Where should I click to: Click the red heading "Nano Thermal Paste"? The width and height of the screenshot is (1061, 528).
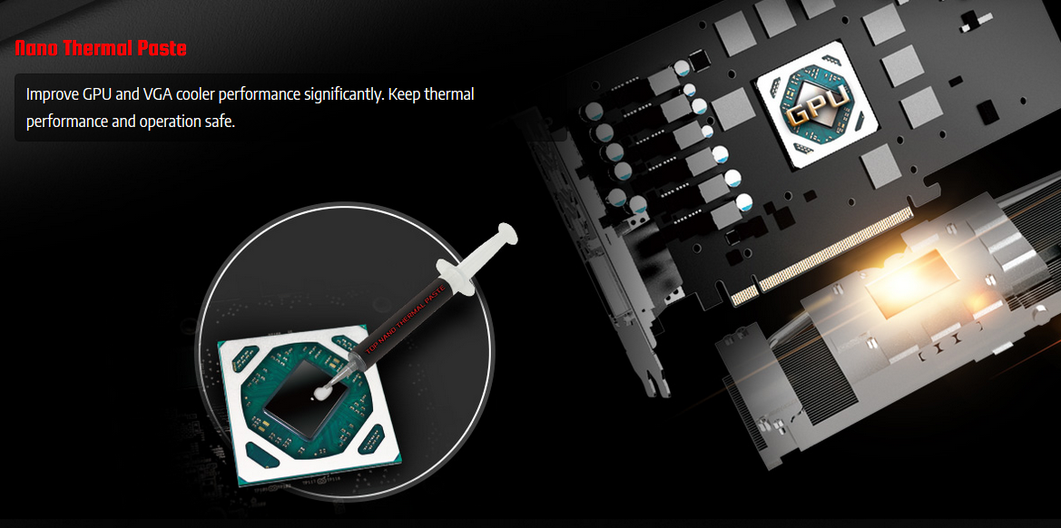tap(101, 48)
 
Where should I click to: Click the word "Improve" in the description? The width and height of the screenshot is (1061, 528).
tap(52, 94)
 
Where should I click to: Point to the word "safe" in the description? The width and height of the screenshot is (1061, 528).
tap(220, 122)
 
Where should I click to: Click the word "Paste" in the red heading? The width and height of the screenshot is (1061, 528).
tap(165, 48)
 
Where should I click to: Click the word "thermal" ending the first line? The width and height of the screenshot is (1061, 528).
tap(450, 94)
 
